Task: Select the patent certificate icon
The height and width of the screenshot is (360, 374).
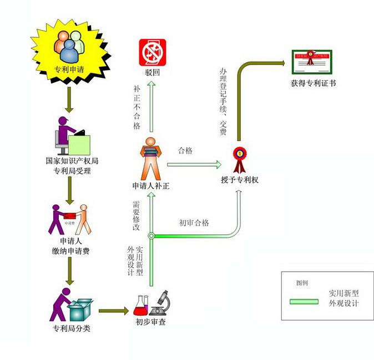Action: coord(311,62)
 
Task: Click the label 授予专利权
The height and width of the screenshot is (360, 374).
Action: coord(240,180)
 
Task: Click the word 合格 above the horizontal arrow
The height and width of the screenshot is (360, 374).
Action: coord(185,151)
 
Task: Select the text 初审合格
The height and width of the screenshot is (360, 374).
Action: coord(194,223)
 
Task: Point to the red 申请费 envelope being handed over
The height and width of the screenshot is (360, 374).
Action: coord(70,216)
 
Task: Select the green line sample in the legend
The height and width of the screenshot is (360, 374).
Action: coord(305,302)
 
